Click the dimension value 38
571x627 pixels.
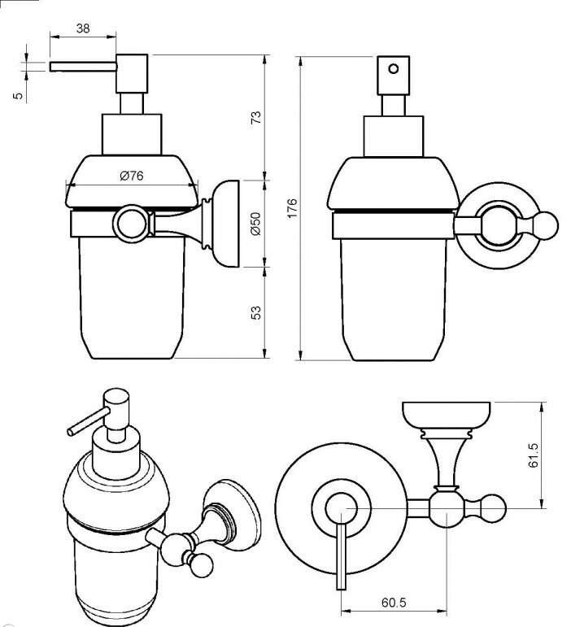coord(82,27)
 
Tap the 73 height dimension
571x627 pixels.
coord(255,117)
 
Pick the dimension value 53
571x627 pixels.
coord(255,311)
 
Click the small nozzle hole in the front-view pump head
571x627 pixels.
coord(394,68)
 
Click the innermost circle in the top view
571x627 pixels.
coord(338,508)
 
